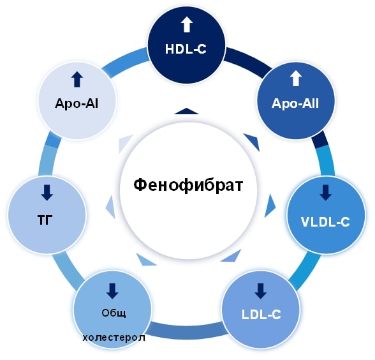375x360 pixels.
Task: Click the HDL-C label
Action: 186,49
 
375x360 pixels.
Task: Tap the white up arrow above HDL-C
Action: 186,25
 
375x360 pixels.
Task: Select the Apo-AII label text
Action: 295,103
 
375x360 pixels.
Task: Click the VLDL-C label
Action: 325,222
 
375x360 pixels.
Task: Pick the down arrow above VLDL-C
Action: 325,193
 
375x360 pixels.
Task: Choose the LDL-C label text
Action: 261,315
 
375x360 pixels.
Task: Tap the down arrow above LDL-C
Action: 260,291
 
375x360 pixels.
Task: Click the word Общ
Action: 114,313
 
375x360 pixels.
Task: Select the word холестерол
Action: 114,338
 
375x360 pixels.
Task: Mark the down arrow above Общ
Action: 112,291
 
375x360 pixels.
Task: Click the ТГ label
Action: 45,220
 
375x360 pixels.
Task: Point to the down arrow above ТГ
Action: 47,193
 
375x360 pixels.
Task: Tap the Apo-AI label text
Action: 77,103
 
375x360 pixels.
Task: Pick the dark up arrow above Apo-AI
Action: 77,79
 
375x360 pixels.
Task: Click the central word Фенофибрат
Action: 188,185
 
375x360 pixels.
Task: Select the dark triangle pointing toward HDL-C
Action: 186,111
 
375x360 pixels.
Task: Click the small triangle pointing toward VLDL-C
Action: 270,206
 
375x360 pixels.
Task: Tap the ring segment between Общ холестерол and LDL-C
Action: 187,331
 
